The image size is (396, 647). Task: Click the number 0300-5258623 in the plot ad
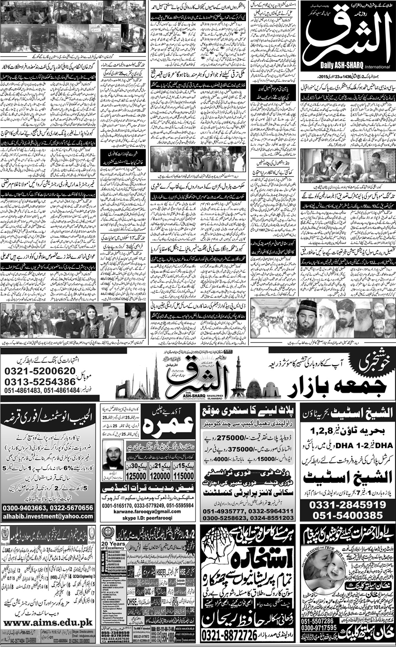pos(225,517)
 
